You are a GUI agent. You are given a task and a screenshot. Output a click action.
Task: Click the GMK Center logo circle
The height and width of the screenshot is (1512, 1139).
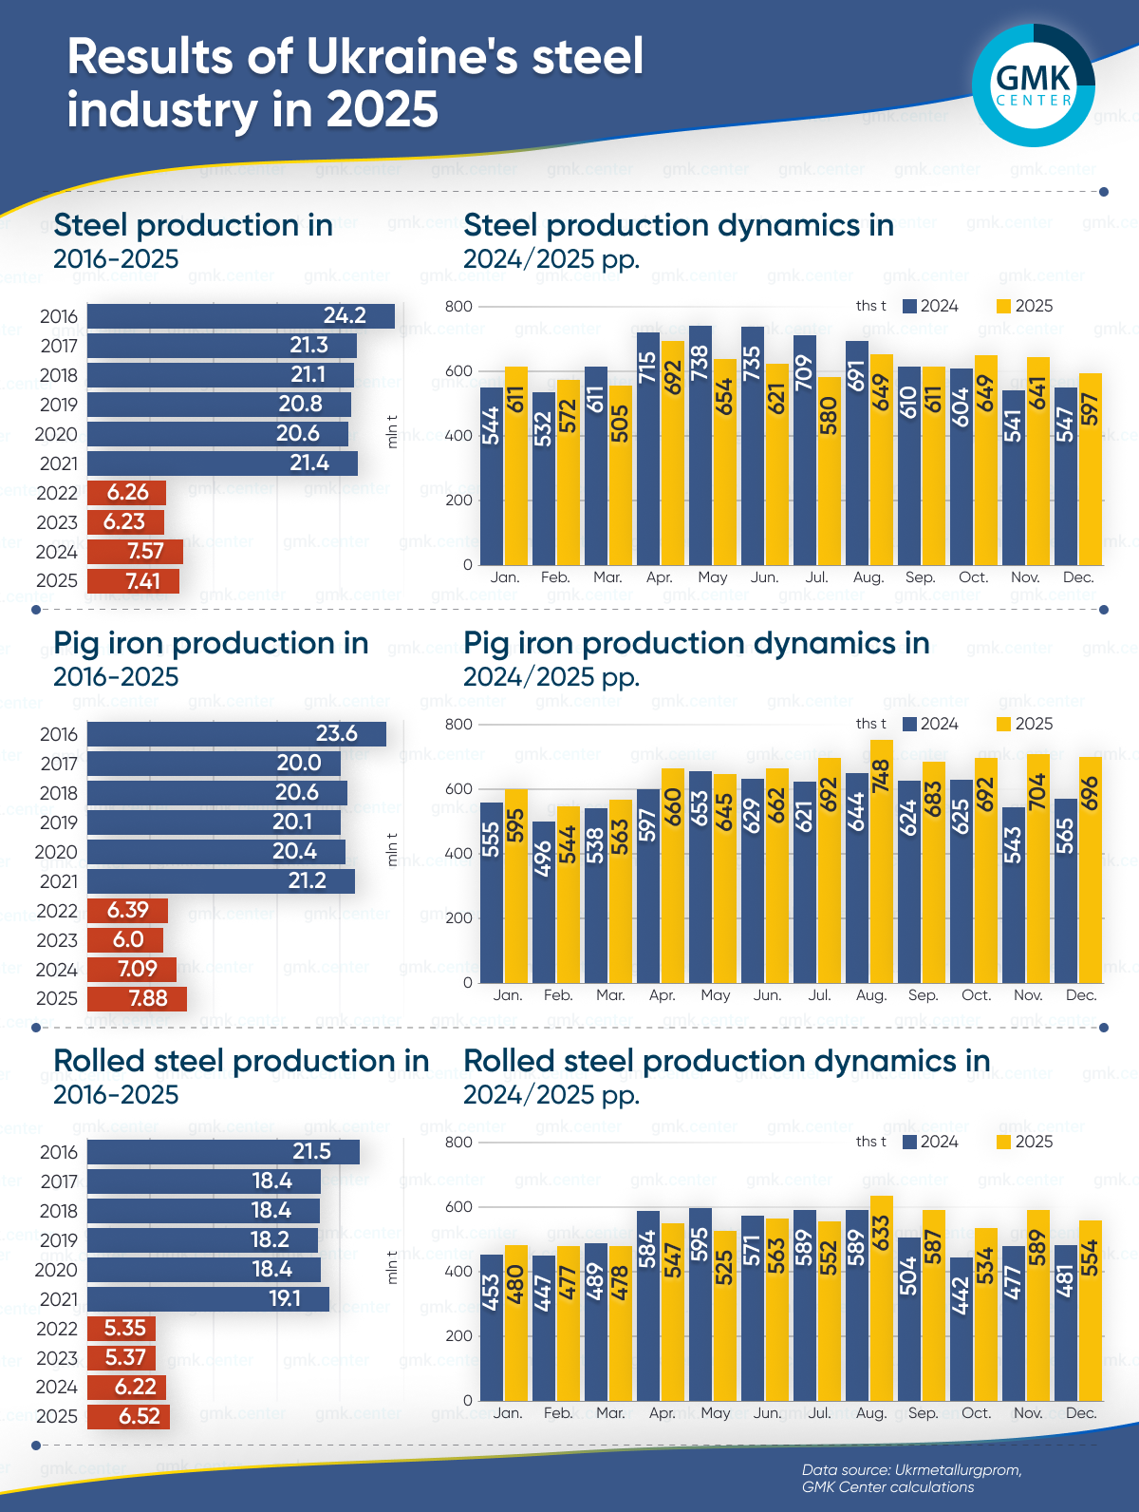point(1034,85)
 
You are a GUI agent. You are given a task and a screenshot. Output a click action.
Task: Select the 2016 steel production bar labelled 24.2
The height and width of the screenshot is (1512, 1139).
point(240,316)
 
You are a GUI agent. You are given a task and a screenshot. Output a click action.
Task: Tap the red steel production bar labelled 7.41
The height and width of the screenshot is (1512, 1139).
point(133,581)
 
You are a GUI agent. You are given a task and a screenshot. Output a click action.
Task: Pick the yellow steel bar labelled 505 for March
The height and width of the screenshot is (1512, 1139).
point(620,475)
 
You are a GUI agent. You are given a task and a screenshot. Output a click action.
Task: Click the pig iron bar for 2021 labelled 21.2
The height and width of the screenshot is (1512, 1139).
point(220,880)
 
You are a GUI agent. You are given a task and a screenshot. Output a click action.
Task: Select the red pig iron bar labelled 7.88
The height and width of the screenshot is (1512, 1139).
point(137,999)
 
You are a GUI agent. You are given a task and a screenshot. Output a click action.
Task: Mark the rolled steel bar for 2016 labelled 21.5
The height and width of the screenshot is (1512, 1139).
point(223,1152)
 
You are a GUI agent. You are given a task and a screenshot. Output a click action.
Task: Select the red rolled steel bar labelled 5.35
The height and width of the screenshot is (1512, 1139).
point(121,1329)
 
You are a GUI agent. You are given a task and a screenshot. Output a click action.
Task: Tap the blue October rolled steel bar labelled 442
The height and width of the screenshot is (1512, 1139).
point(961,1329)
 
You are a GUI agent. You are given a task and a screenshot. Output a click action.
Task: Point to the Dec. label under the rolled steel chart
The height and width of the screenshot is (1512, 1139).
point(1080,1413)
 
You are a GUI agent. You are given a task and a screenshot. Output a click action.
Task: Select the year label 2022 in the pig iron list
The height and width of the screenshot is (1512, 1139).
point(57,911)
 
